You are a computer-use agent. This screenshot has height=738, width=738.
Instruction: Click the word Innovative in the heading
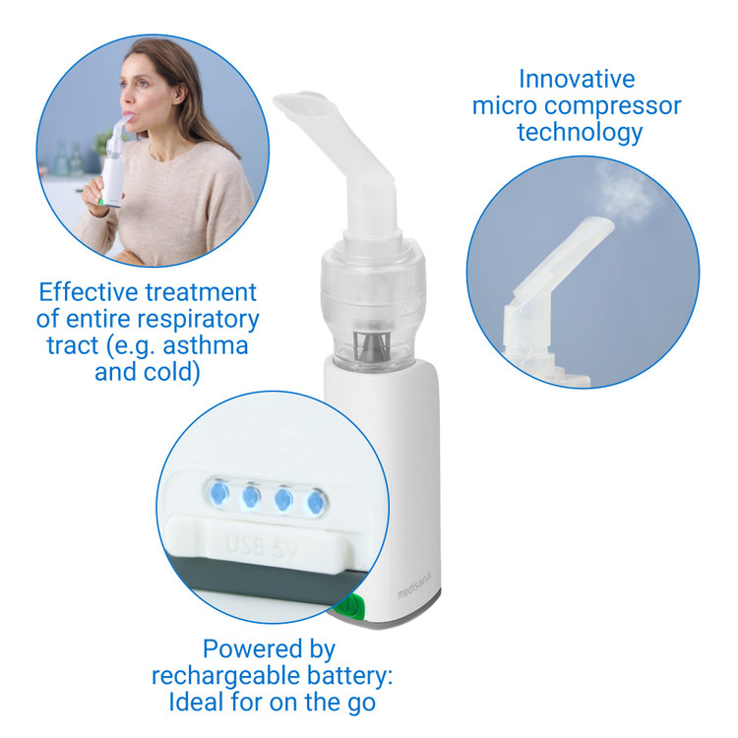click(577, 79)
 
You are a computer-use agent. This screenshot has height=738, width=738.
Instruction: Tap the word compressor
click(613, 106)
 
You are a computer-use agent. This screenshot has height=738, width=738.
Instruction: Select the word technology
click(580, 132)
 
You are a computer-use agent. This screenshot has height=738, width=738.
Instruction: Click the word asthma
click(206, 345)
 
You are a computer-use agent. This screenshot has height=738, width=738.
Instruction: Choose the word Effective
click(89, 292)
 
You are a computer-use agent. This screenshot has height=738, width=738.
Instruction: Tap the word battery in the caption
click(349, 676)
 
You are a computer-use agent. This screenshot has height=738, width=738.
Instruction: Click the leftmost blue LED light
click(218, 493)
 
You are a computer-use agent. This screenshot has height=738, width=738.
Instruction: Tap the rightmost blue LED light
click(315, 503)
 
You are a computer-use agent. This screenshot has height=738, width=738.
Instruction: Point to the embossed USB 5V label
click(262, 546)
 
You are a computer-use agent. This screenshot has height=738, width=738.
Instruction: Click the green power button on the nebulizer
click(352, 606)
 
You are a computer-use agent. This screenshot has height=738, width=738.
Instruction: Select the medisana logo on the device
click(414, 586)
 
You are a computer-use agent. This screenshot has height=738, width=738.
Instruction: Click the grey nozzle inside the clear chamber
click(371, 347)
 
